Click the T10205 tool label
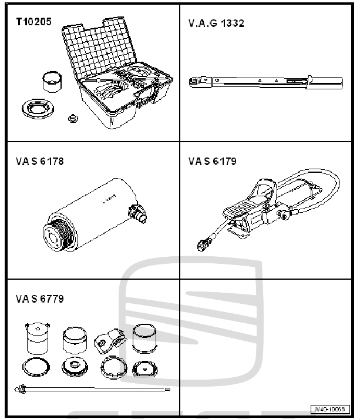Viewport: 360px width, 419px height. pos(34,22)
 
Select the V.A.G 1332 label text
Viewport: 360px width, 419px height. pos(217,24)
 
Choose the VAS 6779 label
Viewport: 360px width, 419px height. pos(40,299)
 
